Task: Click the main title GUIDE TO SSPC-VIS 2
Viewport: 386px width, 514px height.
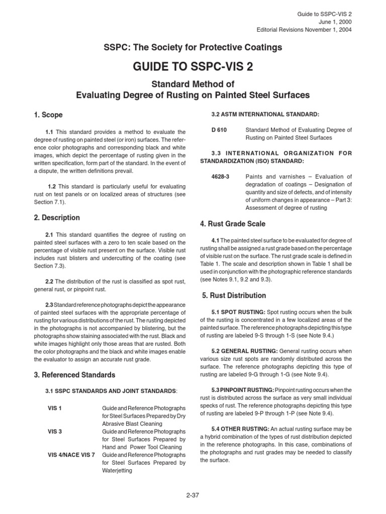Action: coord(193,67)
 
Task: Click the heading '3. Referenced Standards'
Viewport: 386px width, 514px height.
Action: coord(75,374)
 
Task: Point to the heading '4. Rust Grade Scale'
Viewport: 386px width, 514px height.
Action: coord(233,223)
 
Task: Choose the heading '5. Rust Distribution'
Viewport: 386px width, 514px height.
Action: coord(234,295)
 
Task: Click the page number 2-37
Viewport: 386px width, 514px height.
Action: coord(193,495)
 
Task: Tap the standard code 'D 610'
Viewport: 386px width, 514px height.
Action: coord(219,130)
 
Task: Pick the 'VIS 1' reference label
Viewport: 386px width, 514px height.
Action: coord(54,409)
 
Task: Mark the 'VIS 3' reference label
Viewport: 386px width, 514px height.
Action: coord(54,431)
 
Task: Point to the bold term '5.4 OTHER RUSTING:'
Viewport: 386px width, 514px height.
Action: coord(241,429)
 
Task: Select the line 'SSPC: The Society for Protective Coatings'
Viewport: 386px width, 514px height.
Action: coord(193,47)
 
